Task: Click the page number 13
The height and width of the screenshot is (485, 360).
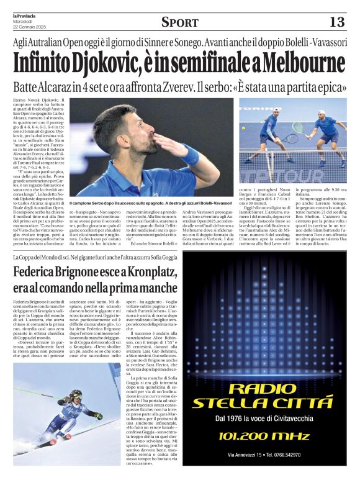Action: pos(336,22)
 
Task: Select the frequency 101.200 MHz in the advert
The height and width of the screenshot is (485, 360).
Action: pos(261,435)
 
